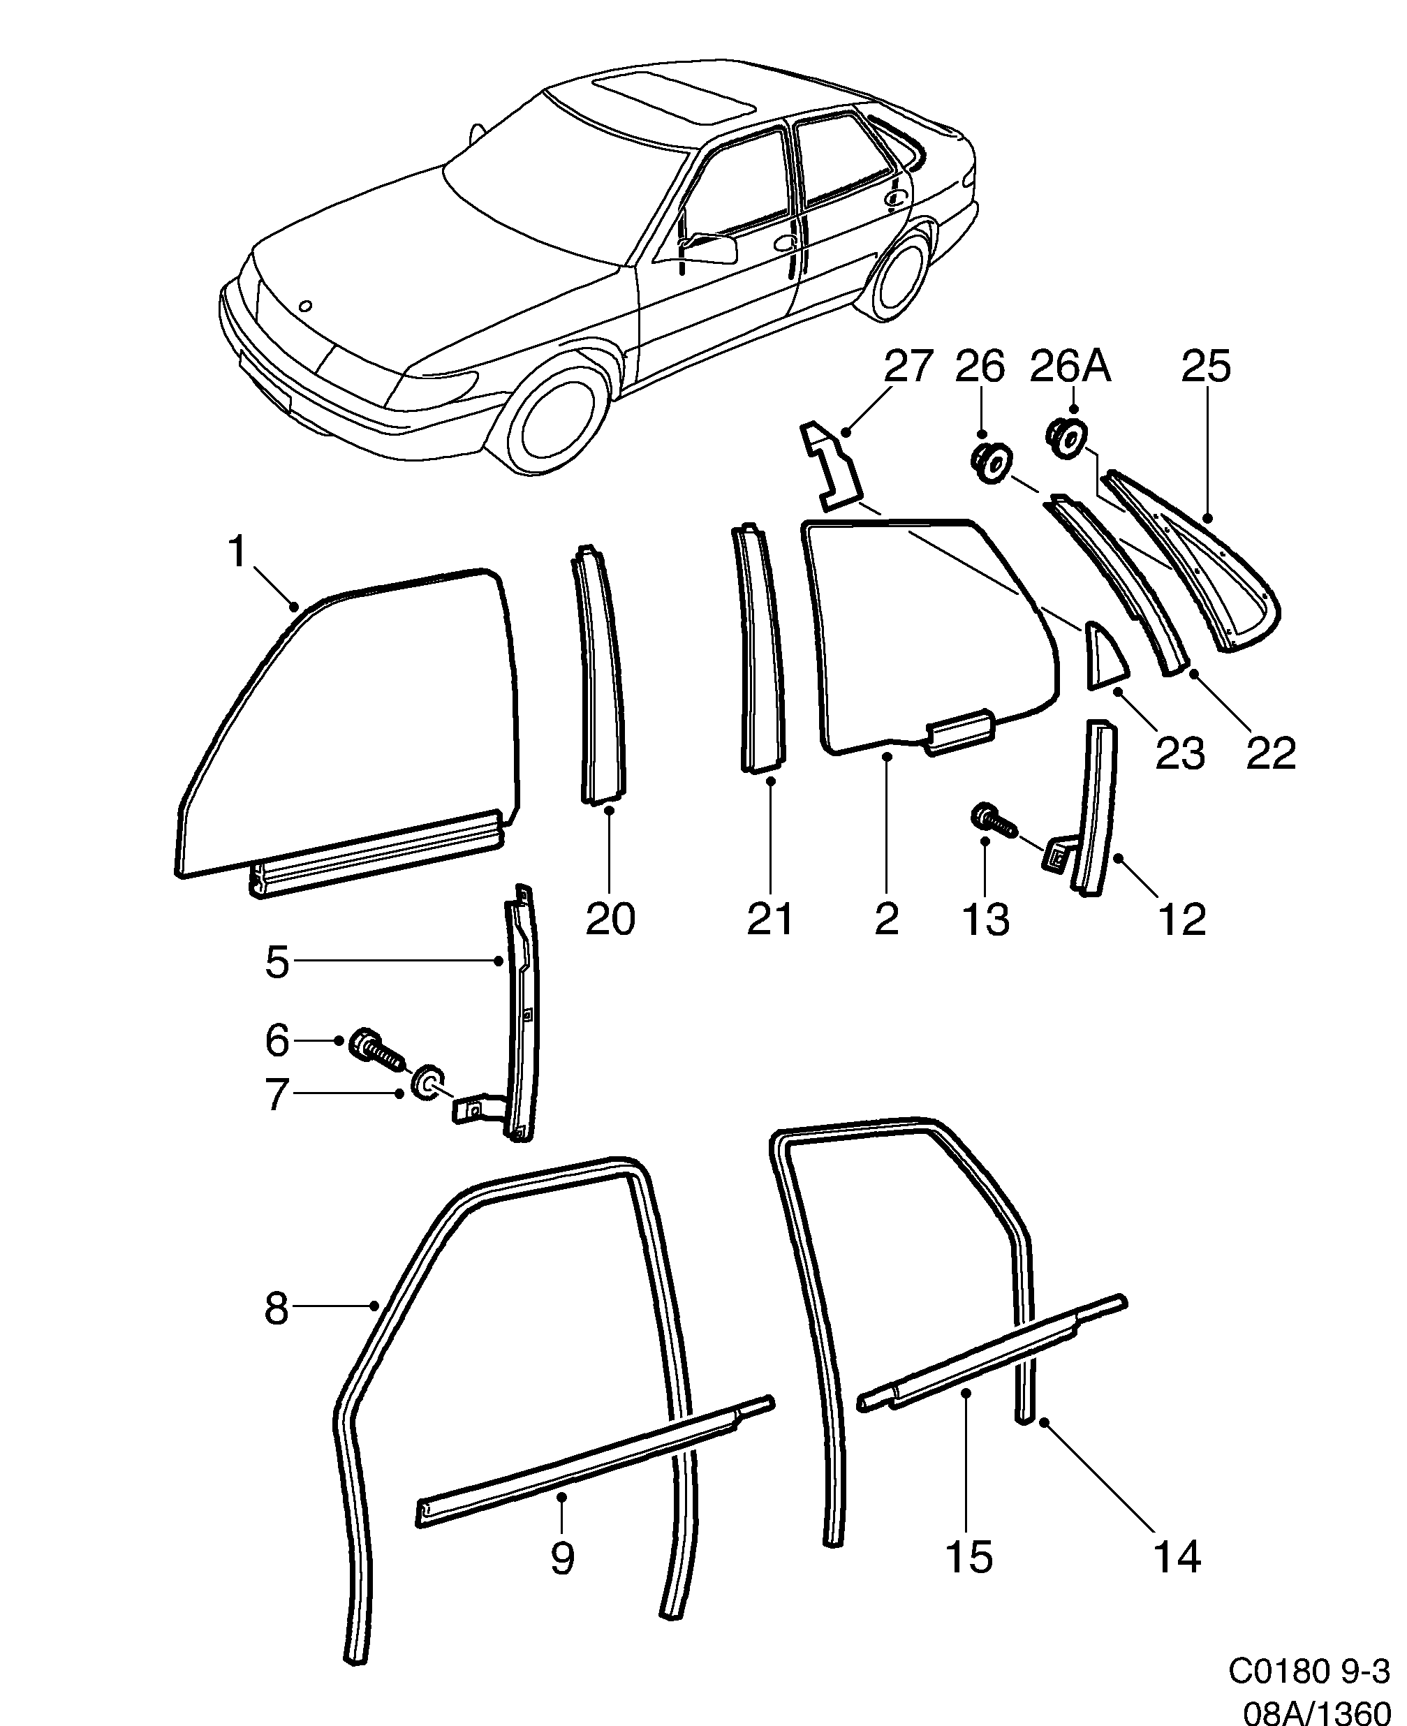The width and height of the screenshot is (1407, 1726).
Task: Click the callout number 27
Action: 908,367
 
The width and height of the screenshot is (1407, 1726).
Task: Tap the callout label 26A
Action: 1070,367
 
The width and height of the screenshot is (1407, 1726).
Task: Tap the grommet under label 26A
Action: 1067,439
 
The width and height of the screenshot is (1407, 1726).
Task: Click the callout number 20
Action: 610,920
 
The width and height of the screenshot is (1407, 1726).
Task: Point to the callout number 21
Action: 770,920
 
